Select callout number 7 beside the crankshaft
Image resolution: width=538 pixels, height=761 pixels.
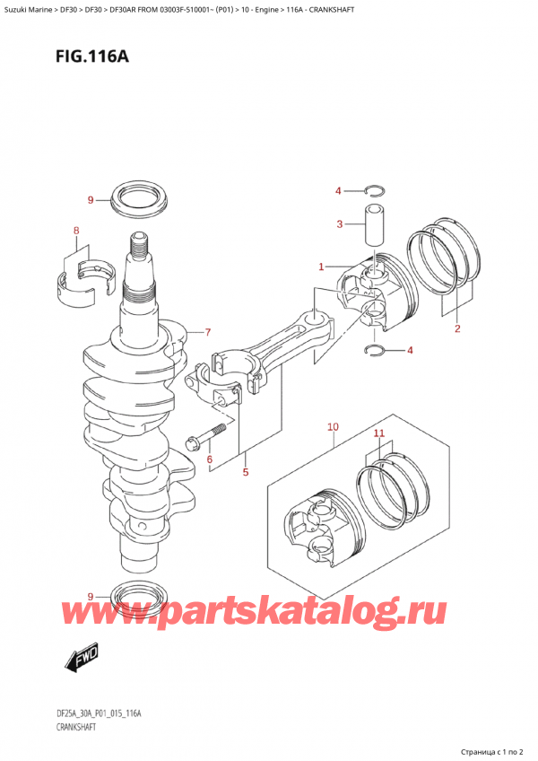click(207, 333)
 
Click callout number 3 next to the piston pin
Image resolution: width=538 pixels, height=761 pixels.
click(339, 224)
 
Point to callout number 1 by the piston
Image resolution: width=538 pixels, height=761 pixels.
click(320, 267)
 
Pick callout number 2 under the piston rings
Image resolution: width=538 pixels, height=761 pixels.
click(456, 328)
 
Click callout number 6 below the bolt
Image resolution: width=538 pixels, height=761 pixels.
click(210, 460)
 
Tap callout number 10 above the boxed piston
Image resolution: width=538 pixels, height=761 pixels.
click(332, 426)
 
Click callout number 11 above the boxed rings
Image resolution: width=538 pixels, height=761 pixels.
click(378, 433)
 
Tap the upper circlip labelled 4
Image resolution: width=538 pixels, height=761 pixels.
click(375, 190)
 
